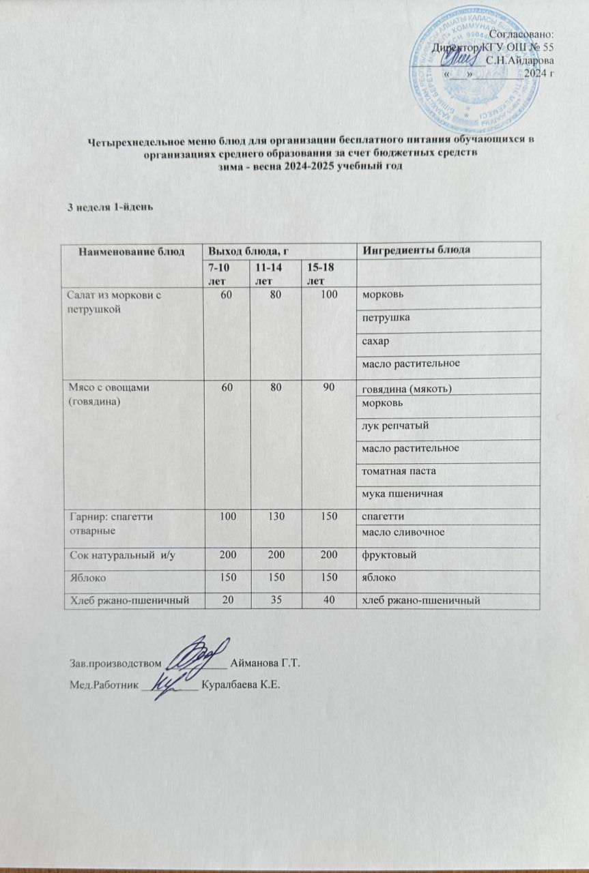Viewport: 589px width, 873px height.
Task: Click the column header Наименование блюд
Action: [x=132, y=251]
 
